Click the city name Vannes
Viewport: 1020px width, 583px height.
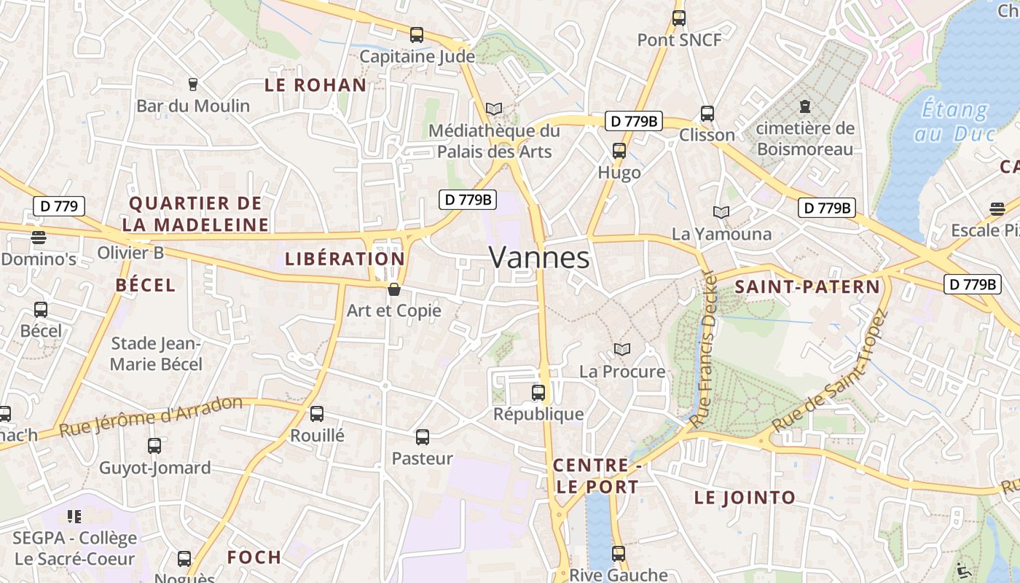tap(538, 257)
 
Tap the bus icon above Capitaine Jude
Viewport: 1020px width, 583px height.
tap(417, 34)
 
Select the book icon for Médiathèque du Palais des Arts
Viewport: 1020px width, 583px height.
tap(494, 109)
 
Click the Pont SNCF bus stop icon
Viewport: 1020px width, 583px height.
tap(679, 18)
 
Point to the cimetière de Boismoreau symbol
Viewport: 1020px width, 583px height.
tap(805, 106)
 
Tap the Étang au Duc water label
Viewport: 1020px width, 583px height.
tap(954, 122)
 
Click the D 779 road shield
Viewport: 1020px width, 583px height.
tap(59, 206)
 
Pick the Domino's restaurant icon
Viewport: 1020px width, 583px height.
tap(39, 237)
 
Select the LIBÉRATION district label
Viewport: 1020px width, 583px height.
tap(345, 259)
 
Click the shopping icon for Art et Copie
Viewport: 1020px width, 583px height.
tap(394, 289)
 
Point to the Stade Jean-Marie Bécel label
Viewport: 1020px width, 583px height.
tap(156, 353)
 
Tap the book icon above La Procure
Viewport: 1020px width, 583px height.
tap(621, 350)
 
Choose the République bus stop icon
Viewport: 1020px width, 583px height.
tap(538, 393)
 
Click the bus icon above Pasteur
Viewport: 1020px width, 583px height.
tap(423, 437)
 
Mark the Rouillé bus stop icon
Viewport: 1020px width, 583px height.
tap(317, 414)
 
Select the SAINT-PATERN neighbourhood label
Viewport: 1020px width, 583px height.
tap(807, 286)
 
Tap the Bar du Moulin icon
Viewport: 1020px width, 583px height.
tap(193, 85)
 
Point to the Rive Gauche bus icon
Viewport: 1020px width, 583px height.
tap(619, 553)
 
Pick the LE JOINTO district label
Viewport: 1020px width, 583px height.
tap(745, 498)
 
